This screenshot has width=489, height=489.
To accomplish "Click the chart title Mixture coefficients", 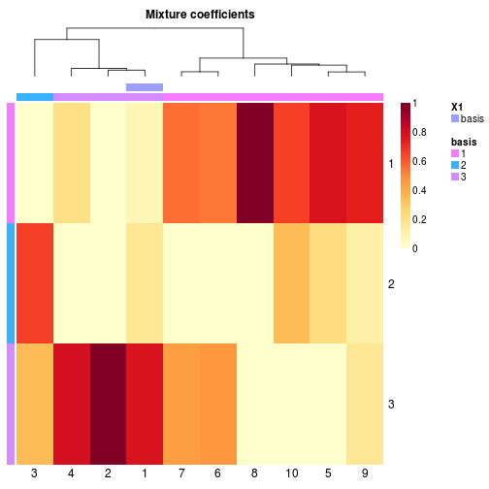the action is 200,15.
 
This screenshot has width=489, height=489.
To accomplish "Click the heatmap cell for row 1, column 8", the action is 255,163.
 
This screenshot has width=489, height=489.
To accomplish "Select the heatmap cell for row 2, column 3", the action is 35,283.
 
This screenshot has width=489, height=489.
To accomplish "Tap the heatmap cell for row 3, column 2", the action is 108,404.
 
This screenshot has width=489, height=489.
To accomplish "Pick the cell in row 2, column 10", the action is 291,283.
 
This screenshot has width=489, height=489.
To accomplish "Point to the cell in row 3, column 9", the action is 365,404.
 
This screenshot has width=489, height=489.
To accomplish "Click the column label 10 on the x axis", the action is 291,473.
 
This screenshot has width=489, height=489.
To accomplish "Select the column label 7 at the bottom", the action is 181,473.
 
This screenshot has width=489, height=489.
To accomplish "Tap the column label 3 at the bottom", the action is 34,473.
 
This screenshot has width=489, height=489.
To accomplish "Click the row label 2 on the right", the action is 391,284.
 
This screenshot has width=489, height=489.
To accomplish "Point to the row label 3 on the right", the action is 391,404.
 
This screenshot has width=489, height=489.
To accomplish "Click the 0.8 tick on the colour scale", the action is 419,132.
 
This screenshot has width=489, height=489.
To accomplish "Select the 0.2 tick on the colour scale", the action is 419,219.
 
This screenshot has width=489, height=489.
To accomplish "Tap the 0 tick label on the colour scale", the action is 415,248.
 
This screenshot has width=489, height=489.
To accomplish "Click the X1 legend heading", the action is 457,107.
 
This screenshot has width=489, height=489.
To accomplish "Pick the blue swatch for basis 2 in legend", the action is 455,165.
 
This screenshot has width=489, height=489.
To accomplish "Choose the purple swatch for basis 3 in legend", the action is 455,177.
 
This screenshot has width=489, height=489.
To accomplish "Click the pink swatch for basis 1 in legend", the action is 455,153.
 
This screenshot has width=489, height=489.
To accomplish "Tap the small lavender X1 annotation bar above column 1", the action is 145,87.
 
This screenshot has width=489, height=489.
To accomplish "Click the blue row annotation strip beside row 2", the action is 11,283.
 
